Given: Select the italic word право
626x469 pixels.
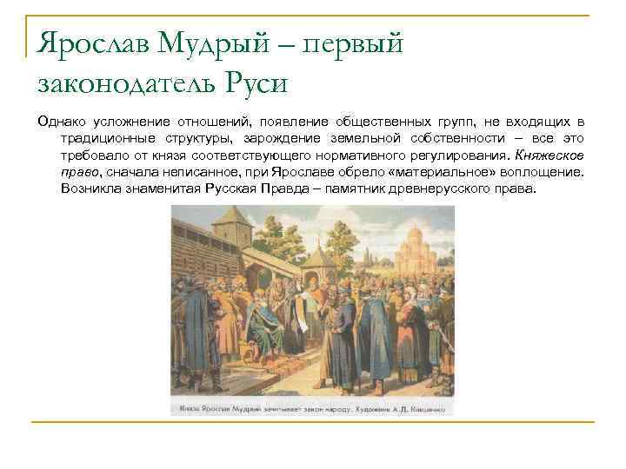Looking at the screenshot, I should point(79,172).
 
